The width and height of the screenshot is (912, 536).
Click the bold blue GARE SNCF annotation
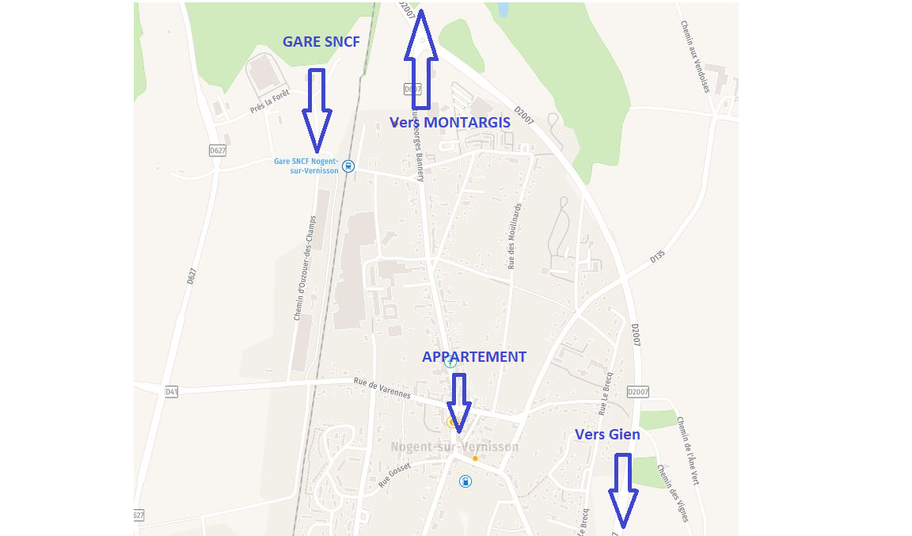pos(321,42)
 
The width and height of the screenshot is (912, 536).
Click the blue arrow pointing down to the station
pos(316,110)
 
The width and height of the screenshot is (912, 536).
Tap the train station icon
pos(349,166)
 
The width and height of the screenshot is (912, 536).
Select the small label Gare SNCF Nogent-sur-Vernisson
pos(306,165)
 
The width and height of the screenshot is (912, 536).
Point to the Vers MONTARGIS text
pos(450,123)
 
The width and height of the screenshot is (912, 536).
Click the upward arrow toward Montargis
pos(420,60)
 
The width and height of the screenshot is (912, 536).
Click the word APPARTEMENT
pos(474,357)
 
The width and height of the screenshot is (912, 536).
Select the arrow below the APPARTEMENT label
pos(458,403)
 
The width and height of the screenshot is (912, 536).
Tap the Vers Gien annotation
pos(607,434)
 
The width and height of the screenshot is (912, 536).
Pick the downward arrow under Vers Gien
pos(623,490)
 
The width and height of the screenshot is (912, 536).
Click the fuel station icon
pos(465,481)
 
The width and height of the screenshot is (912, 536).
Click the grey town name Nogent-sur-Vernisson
pos(454,447)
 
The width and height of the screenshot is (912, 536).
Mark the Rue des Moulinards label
pos(515,236)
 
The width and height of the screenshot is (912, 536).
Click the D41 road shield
pos(172,392)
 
